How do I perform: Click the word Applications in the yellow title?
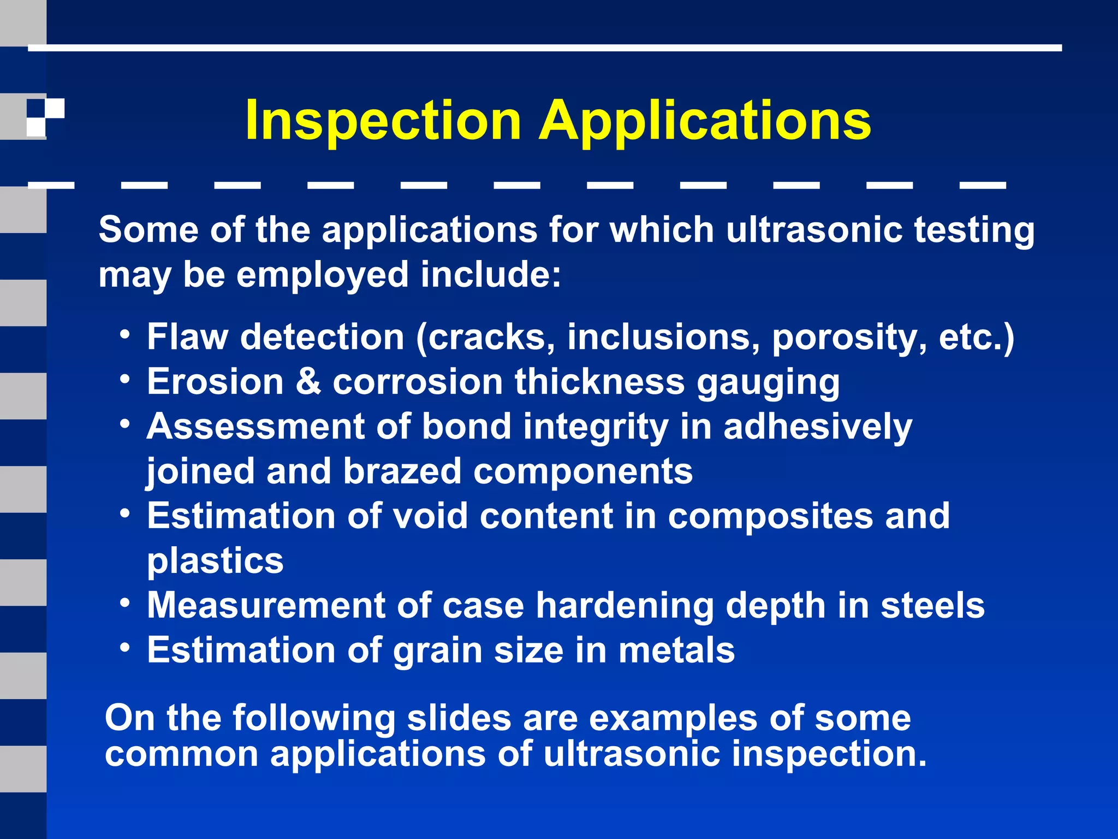pyautogui.click(x=705, y=121)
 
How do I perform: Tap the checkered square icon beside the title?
pyautogui.click(x=45, y=117)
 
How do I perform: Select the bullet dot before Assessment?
pyautogui.click(x=126, y=423)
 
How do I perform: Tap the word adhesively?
pyautogui.click(x=817, y=427)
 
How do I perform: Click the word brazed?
pyautogui.click(x=402, y=471)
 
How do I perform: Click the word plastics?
pyautogui.click(x=215, y=562)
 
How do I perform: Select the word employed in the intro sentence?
pyautogui.click(x=322, y=275)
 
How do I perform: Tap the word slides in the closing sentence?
pyautogui.click(x=459, y=718)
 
